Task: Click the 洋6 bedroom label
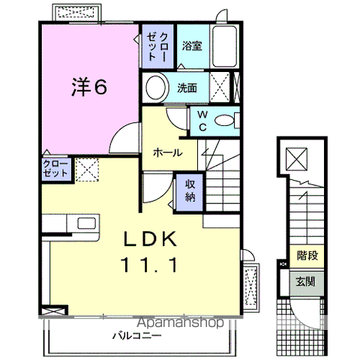tap(88, 87)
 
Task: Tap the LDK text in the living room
tap(149, 240)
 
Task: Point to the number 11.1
tap(149, 264)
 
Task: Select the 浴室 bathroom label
tap(191, 46)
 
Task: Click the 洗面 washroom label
tap(187, 88)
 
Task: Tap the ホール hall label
tap(166, 152)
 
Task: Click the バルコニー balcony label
tap(138, 335)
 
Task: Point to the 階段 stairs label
tap(307, 256)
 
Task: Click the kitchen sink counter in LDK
tap(78, 223)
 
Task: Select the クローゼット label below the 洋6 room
tap(56, 168)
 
